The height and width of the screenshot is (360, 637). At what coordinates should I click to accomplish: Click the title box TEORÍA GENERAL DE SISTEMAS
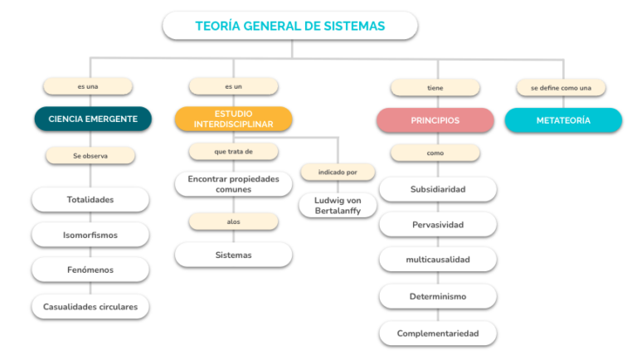(x=290, y=26)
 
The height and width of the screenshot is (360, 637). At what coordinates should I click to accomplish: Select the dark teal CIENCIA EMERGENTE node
(x=93, y=119)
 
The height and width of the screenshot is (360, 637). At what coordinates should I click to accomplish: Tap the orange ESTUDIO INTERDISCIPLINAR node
(x=234, y=119)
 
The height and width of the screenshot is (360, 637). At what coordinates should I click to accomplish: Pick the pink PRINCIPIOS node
(x=435, y=120)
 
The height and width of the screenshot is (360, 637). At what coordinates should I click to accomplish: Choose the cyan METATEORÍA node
(x=563, y=120)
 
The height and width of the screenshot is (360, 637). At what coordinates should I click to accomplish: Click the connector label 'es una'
(x=88, y=86)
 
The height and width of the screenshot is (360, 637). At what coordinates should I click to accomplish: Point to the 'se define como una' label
(x=561, y=88)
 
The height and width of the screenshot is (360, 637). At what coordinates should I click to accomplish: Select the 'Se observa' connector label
(x=90, y=156)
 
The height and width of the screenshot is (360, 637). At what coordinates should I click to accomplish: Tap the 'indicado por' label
(x=338, y=173)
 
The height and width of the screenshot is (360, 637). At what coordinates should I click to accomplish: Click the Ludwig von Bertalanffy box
(x=338, y=206)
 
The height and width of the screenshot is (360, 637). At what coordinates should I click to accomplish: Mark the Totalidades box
(x=90, y=200)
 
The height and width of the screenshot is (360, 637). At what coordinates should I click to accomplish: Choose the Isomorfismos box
(x=90, y=235)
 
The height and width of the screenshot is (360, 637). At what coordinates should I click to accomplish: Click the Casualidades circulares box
(x=90, y=307)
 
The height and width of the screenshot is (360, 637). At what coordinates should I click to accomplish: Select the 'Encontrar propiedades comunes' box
(x=234, y=184)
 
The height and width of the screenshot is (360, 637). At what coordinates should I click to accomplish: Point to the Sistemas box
(x=234, y=255)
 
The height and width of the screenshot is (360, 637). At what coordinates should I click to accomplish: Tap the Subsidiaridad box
(x=438, y=189)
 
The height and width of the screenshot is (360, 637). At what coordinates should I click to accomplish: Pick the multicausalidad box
(x=438, y=260)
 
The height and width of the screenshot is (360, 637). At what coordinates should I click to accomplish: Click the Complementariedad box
(x=438, y=333)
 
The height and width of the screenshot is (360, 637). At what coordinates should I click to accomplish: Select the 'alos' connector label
(x=234, y=221)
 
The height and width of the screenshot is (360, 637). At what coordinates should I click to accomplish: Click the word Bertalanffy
(x=338, y=211)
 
